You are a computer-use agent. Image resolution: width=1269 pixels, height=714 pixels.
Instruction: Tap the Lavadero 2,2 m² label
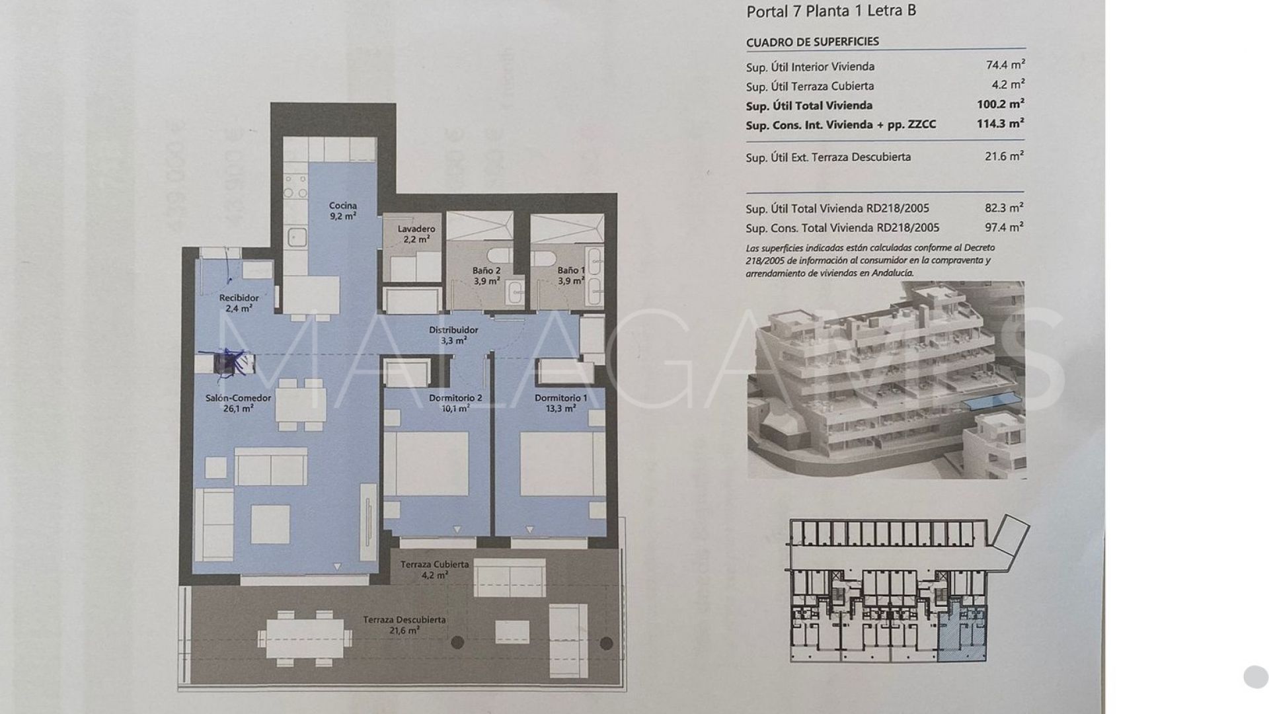point(416,234)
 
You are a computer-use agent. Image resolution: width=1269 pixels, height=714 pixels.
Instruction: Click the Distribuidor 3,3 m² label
point(453,335)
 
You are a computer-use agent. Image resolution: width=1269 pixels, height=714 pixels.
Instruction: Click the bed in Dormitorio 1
point(562,464)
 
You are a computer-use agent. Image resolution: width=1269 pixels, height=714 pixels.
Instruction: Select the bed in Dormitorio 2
point(426,464)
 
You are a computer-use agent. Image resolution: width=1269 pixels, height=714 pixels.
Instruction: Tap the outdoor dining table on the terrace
point(305,638)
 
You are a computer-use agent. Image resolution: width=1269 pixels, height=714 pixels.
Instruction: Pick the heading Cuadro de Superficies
point(812,42)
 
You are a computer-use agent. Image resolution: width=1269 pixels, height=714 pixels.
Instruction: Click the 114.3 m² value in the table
point(1000,124)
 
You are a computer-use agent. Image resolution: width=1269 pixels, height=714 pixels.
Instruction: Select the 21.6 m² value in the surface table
point(1004,157)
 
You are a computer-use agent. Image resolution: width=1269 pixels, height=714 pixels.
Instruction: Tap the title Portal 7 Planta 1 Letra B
point(831,11)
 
